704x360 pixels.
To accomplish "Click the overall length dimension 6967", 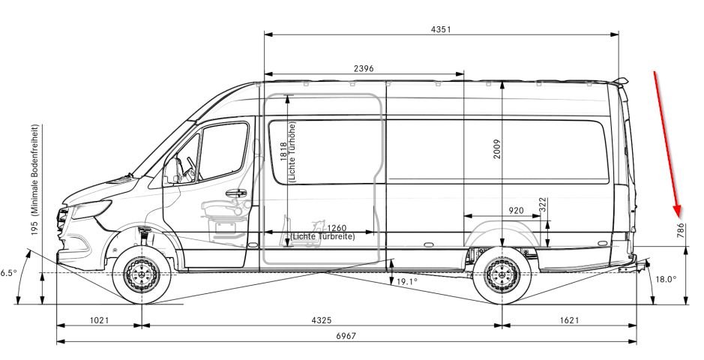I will click(x=346, y=335).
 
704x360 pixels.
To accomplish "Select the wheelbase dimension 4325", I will click(x=320, y=320).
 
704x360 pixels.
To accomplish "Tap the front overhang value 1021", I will click(x=98, y=320).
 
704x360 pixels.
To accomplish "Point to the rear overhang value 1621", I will click(x=569, y=320).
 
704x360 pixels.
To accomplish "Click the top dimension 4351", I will click(x=442, y=28).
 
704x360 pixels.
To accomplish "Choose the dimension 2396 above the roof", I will click(x=364, y=68).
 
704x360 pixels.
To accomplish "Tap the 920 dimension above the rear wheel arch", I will click(x=516, y=211).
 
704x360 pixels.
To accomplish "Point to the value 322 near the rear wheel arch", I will click(x=542, y=205).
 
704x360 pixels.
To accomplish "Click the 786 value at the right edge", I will click(x=680, y=230).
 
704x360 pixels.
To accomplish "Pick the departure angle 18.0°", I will click(x=665, y=278).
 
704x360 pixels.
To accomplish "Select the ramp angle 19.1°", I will click(x=406, y=282).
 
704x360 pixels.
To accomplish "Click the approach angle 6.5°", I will click(x=8, y=273).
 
